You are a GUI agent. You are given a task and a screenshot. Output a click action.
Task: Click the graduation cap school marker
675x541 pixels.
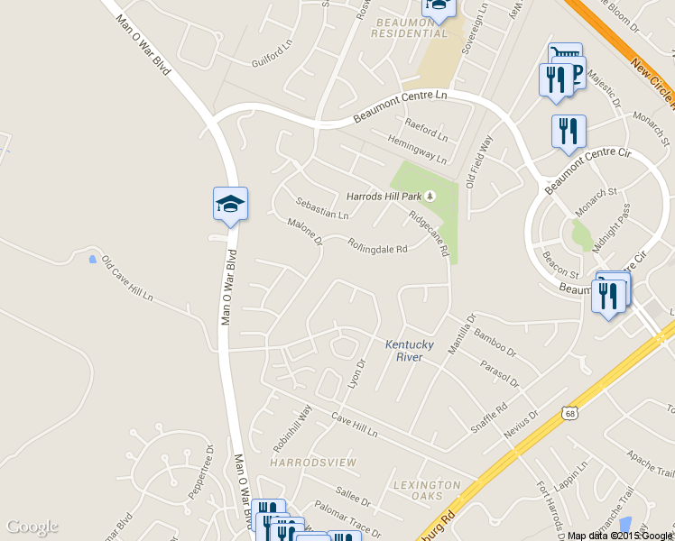click(x=230, y=204)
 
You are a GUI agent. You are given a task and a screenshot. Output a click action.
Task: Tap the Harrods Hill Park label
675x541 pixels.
click(x=384, y=196)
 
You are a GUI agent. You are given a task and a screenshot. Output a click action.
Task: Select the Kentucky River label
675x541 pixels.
click(x=410, y=351)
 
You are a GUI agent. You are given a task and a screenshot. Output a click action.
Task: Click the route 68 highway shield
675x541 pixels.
click(x=569, y=413)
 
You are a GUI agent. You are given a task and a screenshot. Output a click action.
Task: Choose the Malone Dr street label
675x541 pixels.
click(x=304, y=231)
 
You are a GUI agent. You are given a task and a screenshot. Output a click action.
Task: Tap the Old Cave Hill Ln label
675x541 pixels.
click(x=127, y=280)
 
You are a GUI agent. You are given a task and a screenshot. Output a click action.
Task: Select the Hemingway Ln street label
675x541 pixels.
click(x=416, y=150)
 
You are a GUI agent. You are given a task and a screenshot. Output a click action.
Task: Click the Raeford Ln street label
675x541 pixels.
click(x=426, y=130)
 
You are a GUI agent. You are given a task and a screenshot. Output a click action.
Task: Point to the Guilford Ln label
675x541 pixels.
click(x=273, y=52)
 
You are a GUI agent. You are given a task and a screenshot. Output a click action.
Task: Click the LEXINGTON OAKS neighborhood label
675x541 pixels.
click(x=427, y=491)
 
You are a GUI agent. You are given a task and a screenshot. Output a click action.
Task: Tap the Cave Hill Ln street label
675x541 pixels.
click(x=354, y=425)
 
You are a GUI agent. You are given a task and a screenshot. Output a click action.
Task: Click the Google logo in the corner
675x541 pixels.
click(x=32, y=527)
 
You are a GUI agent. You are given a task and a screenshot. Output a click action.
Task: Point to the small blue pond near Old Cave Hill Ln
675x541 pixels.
click(x=92, y=260)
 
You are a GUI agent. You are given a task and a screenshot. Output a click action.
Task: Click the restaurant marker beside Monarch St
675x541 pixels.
click(x=568, y=132)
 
